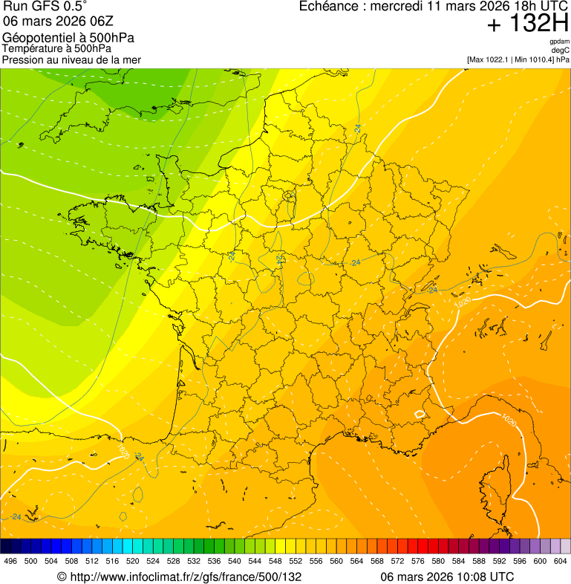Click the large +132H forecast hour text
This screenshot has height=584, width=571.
click(x=528, y=24)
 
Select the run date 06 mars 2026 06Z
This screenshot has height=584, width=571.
click(x=53, y=22)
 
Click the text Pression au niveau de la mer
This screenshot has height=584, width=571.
click(x=71, y=59)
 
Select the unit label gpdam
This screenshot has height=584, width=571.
click(x=560, y=42)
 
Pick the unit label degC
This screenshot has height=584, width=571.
click(x=561, y=51)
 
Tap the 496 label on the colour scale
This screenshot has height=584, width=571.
click(x=10, y=561)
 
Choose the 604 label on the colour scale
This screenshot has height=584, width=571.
click(x=560, y=561)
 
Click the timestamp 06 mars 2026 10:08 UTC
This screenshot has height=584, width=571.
click(x=447, y=577)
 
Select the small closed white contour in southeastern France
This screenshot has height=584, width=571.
click(x=420, y=413)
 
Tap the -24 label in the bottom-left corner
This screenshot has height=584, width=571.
click(x=16, y=516)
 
